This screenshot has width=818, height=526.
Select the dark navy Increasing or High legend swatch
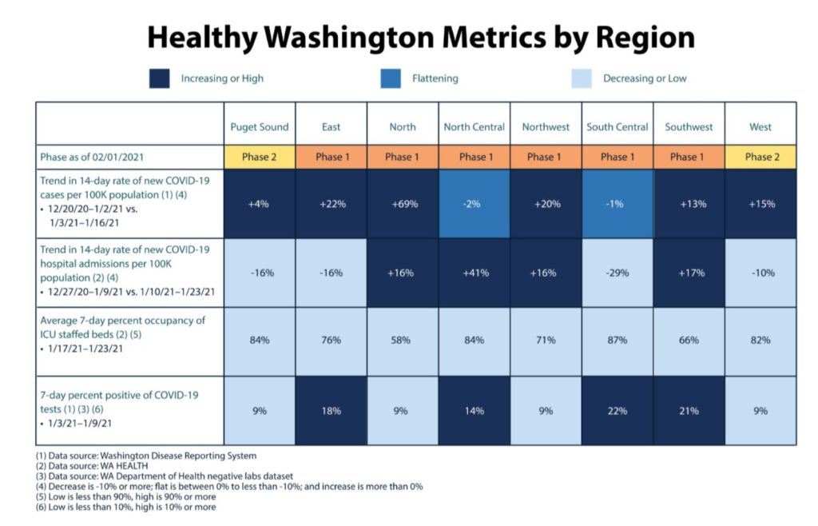coord(159,78)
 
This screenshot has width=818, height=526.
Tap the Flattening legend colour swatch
coord(391,78)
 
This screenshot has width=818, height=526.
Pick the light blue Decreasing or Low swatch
coord(582,78)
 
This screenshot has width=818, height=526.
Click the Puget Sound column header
coord(260,127)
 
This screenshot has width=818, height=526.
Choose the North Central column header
coord(475,127)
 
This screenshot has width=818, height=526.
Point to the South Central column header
coord(617,127)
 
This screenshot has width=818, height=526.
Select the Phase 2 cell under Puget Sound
coord(260,157)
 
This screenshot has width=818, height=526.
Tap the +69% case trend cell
coord(403,204)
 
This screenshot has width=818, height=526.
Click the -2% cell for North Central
coord(475,204)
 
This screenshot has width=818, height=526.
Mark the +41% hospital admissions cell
coord(475,273)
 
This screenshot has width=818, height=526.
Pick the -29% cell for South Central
coord(617,273)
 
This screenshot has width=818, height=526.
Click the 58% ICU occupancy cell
coord(403,341)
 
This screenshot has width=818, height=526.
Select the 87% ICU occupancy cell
coord(617,341)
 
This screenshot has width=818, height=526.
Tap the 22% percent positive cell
coord(617,411)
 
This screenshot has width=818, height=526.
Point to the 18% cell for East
coord(331,411)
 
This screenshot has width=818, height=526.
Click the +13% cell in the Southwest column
coord(689,204)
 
